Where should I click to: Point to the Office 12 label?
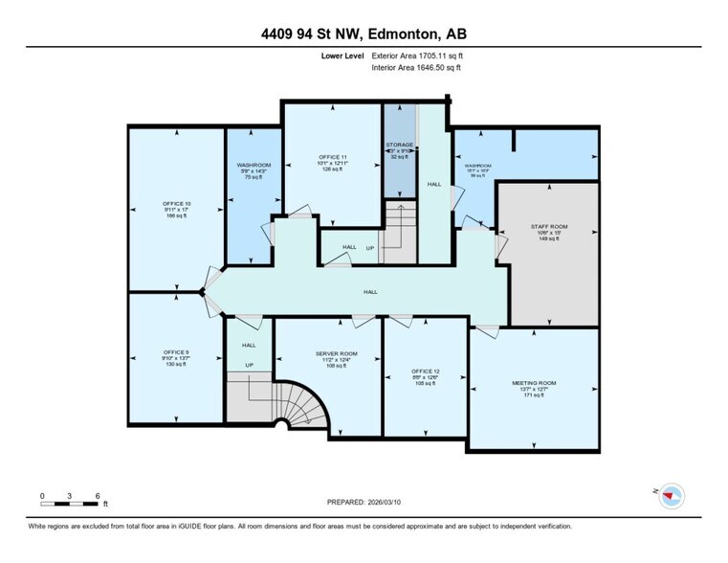(x=423, y=370)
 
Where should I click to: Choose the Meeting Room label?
(x=534, y=383)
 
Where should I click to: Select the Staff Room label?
(x=550, y=227)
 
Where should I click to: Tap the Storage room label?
(x=399, y=145)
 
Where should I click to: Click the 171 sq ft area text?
(x=534, y=396)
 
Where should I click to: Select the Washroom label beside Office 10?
(x=254, y=164)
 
